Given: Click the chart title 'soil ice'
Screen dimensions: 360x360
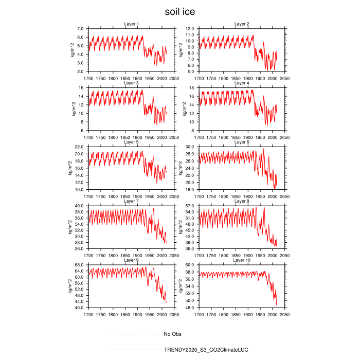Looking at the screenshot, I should (x=179, y=12).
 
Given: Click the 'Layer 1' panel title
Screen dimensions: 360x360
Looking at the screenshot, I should (x=132, y=24).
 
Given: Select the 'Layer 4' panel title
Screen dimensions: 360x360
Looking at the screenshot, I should (x=242, y=83).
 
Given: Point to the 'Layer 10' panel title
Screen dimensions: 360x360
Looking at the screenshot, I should (x=242, y=260).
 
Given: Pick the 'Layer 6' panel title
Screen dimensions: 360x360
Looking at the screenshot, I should (x=242, y=142).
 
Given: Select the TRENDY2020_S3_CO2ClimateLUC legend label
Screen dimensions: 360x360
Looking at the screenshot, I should (x=206, y=350).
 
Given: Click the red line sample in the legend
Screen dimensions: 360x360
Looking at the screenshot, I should (x=135, y=350).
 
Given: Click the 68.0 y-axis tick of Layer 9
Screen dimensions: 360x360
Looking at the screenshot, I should (x=80, y=265).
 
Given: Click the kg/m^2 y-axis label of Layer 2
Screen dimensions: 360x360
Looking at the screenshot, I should (x=182, y=50).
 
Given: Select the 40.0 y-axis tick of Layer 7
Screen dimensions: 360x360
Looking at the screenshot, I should (x=80, y=206).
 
